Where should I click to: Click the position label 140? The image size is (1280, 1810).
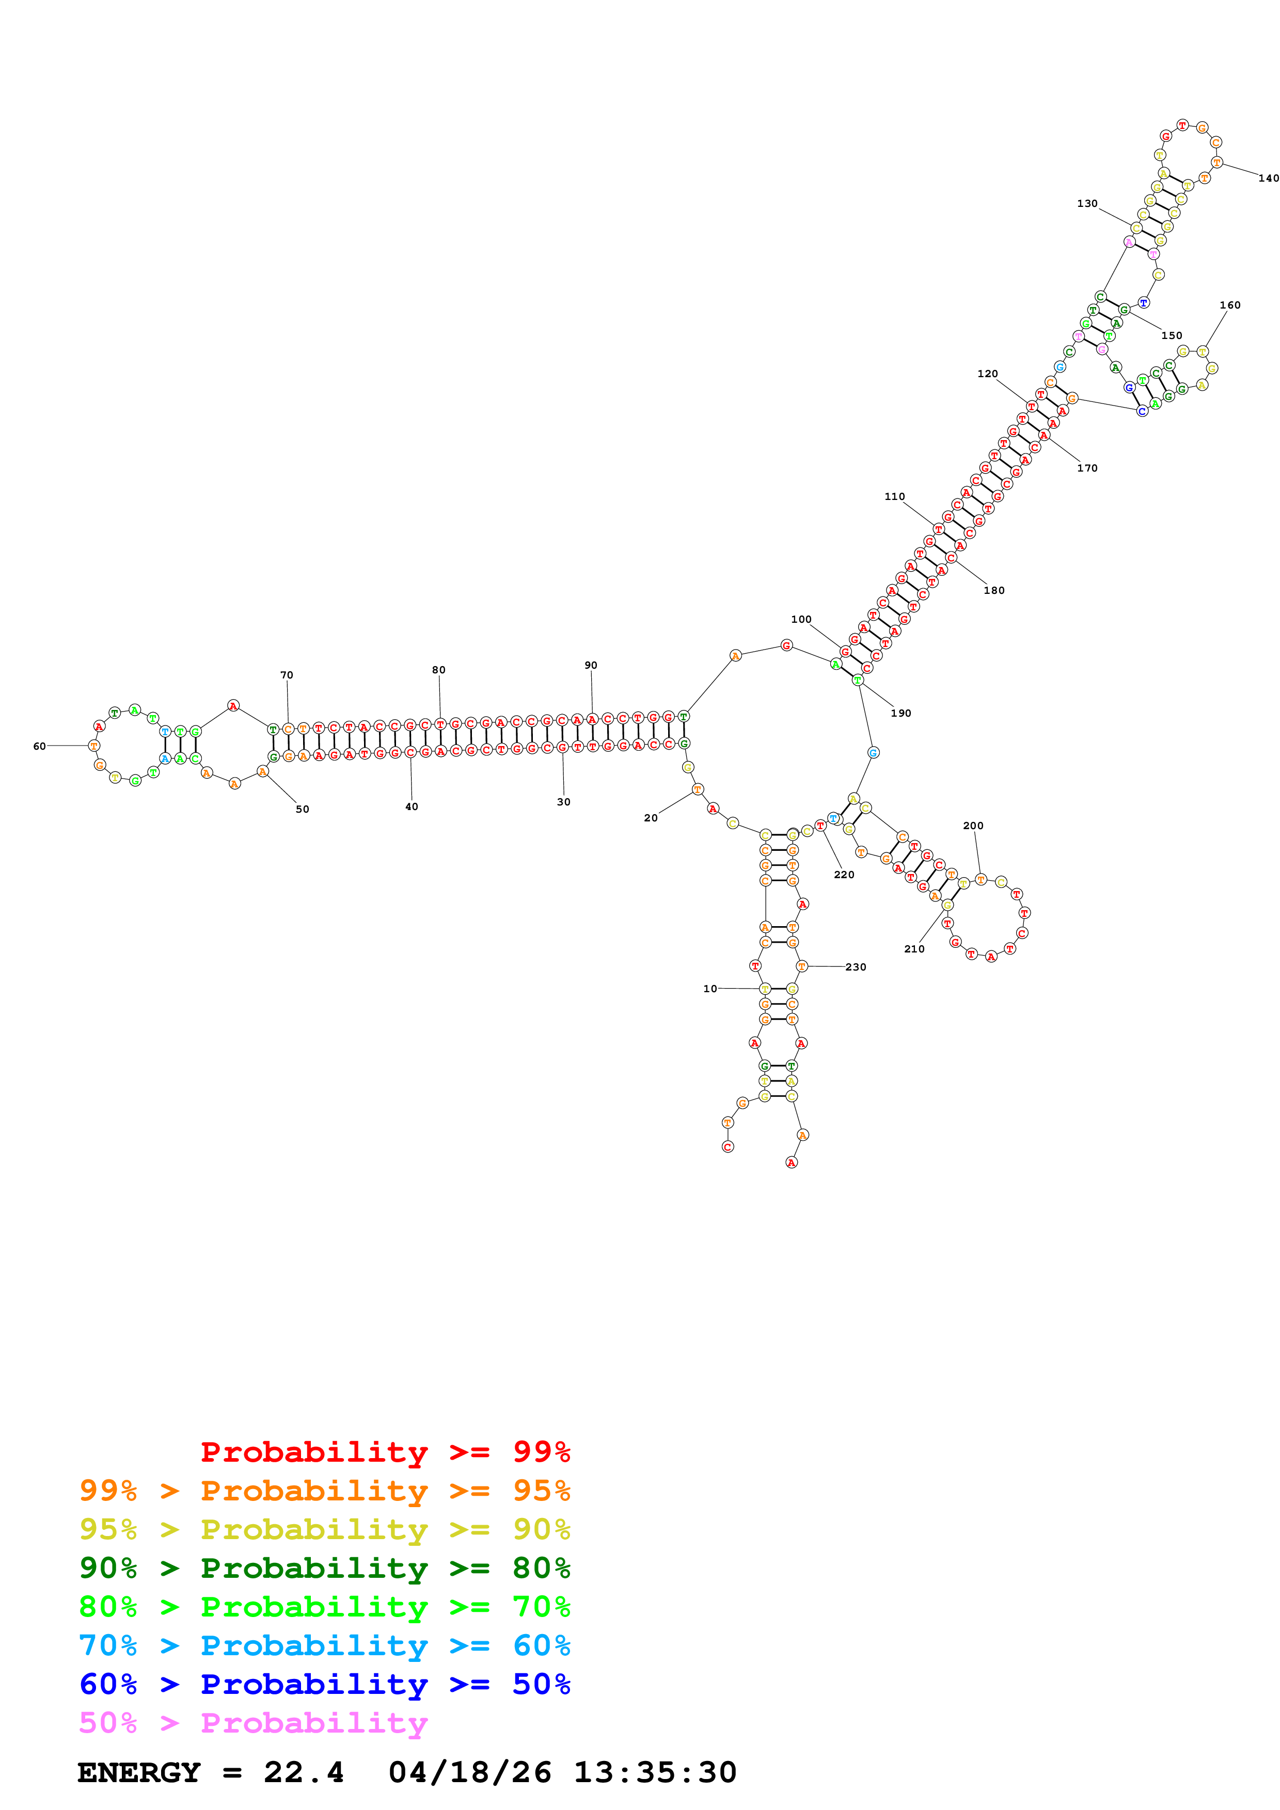pos(1268,178)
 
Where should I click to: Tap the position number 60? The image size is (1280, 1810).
pos(39,746)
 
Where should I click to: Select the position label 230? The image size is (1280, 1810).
pos(856,966)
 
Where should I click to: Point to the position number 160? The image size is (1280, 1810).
pos(1229,305)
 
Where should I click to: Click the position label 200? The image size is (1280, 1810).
pos(973,826)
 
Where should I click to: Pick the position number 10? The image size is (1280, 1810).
pos(710,989)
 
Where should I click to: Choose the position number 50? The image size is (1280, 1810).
pos(302,809)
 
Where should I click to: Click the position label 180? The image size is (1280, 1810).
pos(994,590)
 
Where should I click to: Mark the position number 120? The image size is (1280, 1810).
pos(987,374)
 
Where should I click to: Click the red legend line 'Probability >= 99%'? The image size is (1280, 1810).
pos(385,1452)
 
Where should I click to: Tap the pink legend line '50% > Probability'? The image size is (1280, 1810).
pos(253,1723)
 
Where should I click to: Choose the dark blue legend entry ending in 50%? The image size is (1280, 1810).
pos(324,1685)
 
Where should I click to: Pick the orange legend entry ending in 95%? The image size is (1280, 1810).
pos(324,1491)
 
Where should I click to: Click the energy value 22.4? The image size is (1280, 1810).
pos(304,1772)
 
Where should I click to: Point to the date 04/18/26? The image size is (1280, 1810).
pos(469,1772)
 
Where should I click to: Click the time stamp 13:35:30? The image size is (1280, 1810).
pos(655,1772)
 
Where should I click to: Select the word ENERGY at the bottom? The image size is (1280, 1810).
pos(139,1772)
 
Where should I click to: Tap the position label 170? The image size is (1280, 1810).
pos(1087,468)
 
